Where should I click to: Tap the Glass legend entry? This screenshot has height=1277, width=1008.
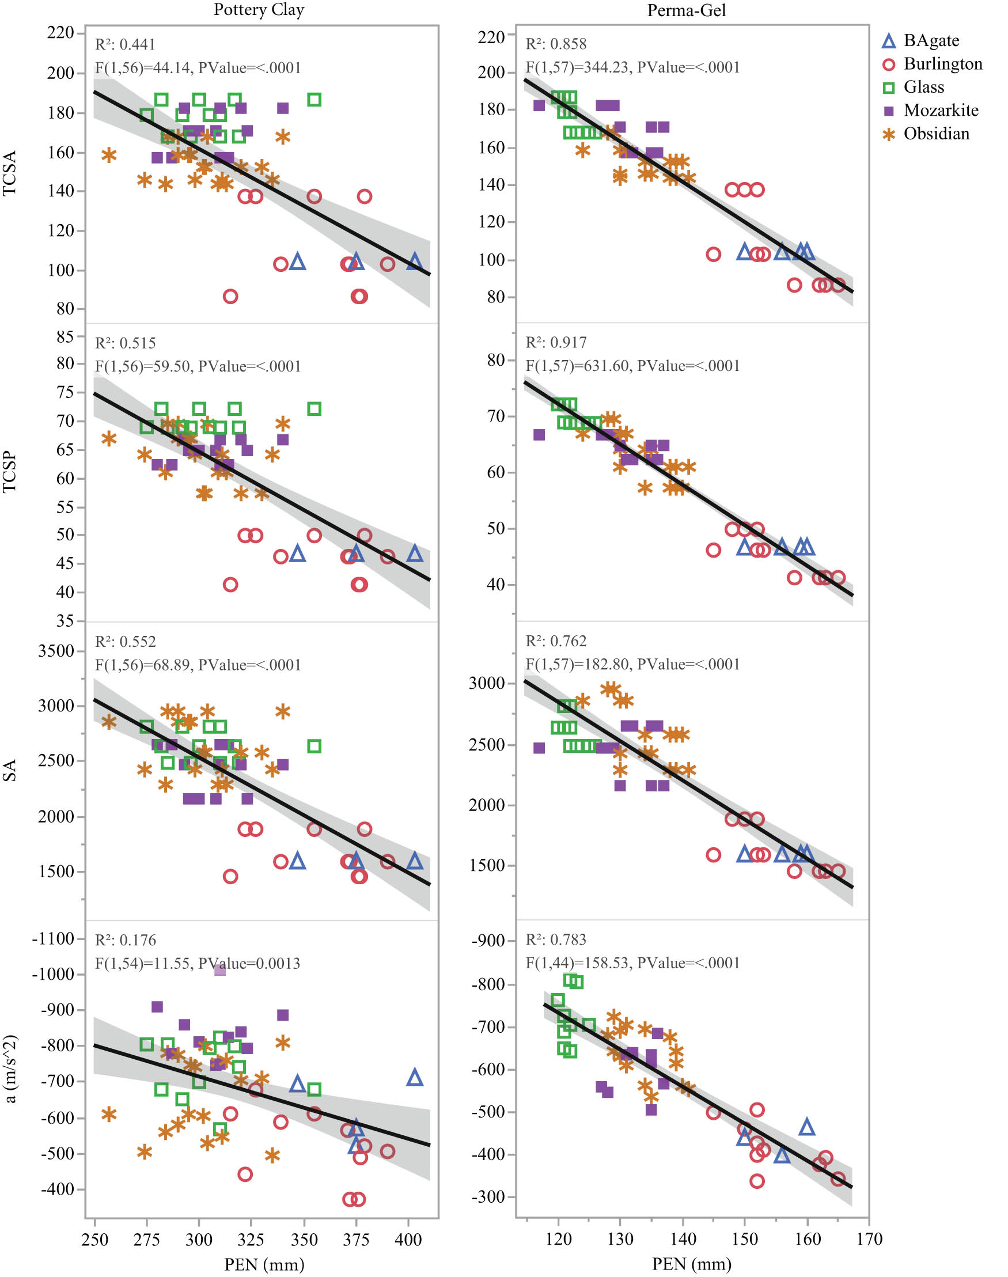tap(923, 87)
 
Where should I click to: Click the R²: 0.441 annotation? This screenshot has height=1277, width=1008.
tap(125, 44)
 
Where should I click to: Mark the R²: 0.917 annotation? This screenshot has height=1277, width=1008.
tap(556, 342)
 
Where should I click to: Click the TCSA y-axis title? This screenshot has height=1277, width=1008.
tap(10, 172)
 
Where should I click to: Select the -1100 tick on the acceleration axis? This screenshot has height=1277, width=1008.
tap(53, 939)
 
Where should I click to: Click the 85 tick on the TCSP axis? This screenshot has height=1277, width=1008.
tap(65, 336)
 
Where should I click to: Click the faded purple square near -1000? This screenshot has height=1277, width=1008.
tap(219, 970)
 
